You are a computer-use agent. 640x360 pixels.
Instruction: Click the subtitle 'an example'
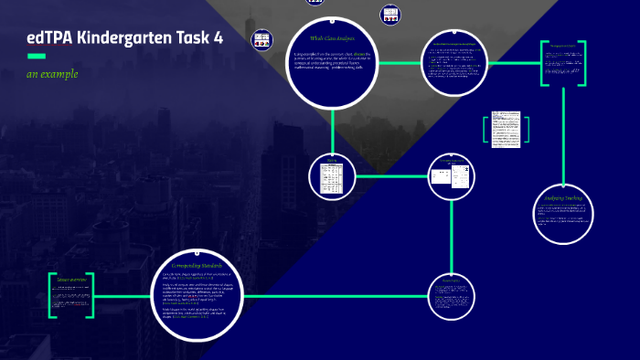pos(52,74)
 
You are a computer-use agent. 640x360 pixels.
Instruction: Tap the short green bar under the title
pos(37,57)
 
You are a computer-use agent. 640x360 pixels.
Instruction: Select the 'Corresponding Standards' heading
pos(197,264)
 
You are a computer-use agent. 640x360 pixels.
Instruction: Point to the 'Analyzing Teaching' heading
pos(563,197)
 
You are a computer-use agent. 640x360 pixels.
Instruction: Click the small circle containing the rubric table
pos(331,177)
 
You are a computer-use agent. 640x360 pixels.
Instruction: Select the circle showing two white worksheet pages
pos(453,177)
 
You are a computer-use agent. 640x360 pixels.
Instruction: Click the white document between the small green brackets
pos(504,128)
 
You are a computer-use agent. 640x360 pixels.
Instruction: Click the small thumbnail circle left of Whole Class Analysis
pos(262,40)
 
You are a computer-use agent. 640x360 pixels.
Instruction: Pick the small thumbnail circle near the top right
pos(390,15)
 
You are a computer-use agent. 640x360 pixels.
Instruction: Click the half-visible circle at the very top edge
pos(315,2)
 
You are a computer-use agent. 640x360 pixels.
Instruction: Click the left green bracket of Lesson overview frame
pos(51,294)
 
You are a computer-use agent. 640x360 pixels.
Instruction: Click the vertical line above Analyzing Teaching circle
pos(564,137)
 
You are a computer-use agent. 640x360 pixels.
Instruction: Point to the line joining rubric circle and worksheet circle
pos(391,176)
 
